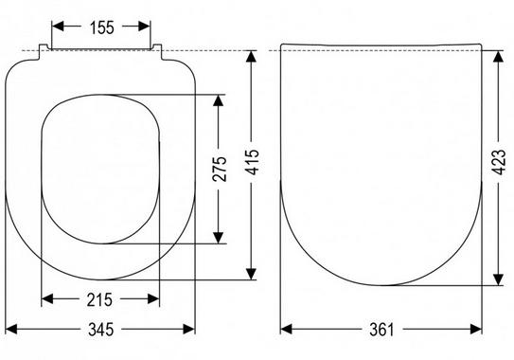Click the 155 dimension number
(102, 27)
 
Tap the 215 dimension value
(99, 299)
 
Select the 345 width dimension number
(100, 330)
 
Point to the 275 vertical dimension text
(220, 169)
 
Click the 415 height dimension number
(252, 162)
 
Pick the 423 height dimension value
(499, 162)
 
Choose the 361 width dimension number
(381, 330)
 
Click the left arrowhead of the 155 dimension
(58, 27)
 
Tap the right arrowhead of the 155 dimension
(144, 27)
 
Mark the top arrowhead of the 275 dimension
(218, 100)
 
